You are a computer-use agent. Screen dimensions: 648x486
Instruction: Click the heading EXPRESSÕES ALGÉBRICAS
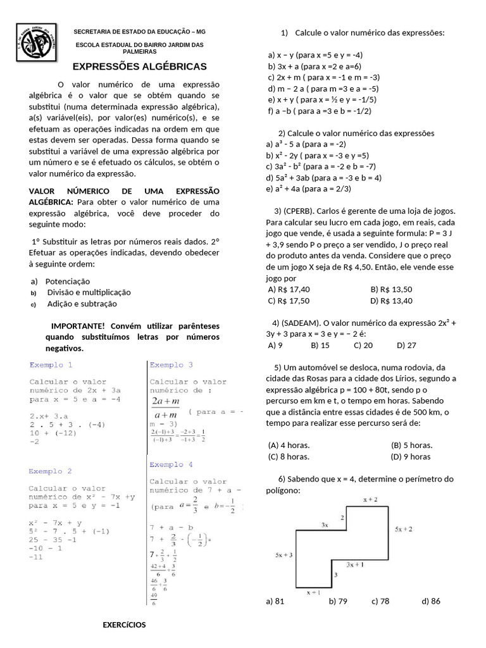(139, 66)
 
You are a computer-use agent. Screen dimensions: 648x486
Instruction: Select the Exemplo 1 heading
(51, 365)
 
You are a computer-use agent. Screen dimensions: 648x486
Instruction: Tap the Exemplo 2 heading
(51, 471)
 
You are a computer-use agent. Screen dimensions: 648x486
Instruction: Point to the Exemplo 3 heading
(171, 365)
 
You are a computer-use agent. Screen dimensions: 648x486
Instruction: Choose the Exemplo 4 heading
(171, 464)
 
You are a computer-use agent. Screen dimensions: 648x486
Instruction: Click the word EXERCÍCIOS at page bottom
(124, 625)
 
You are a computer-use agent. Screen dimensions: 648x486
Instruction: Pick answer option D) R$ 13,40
(391, 301)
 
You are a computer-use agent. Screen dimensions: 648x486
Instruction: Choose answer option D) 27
(406, 346)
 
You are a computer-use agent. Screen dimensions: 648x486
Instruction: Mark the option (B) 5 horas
(412, 445)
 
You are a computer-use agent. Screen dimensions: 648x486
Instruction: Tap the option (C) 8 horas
(289, 456)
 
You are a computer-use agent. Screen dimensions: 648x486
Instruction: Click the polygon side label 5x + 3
(283, 555)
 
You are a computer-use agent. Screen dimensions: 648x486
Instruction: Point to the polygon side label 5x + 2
(404, 529)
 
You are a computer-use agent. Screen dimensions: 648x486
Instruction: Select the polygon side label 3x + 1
(354, 564)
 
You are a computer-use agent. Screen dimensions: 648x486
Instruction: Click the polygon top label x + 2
(370, 500)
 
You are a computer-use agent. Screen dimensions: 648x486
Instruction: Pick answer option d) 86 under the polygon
(430, 601)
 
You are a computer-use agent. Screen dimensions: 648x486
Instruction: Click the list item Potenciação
(68, 281)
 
